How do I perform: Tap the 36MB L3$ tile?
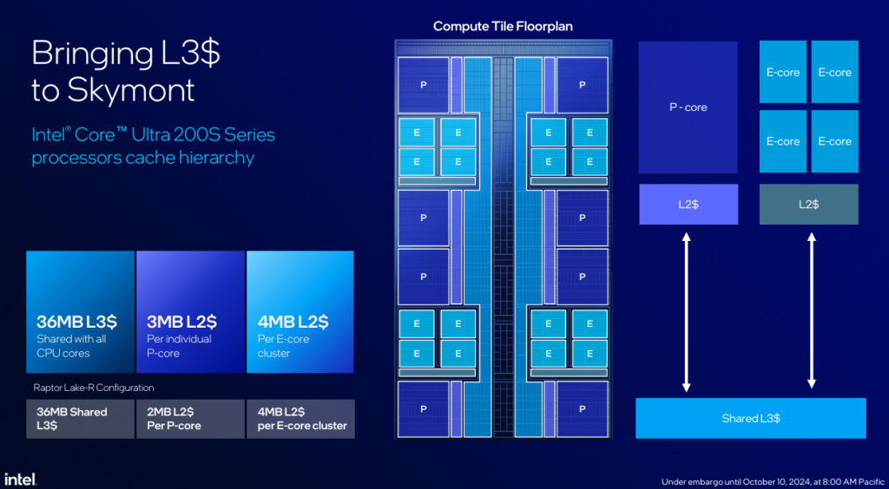point(80,312)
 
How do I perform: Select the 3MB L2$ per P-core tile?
point(190,312)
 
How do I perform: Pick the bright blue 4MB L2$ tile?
point(300,312)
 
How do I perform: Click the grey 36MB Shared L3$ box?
point(80,419)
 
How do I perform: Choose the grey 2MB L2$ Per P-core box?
point(190,419)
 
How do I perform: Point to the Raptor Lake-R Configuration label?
point(93,388)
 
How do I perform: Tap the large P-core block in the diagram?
point(688,107)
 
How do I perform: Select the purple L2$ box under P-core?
point(688,205)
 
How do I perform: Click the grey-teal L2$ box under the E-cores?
point(808,205)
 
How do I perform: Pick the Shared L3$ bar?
point(751,418)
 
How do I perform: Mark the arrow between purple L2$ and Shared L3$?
point(686,312)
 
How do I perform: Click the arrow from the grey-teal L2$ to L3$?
point(812,312)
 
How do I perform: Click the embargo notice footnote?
point(774,482)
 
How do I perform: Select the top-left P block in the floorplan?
point(423,85)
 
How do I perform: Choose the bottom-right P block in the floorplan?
point(583,408)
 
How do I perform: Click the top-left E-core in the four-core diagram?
point(783,72)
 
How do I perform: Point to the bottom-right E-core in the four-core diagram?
point(834,141)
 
